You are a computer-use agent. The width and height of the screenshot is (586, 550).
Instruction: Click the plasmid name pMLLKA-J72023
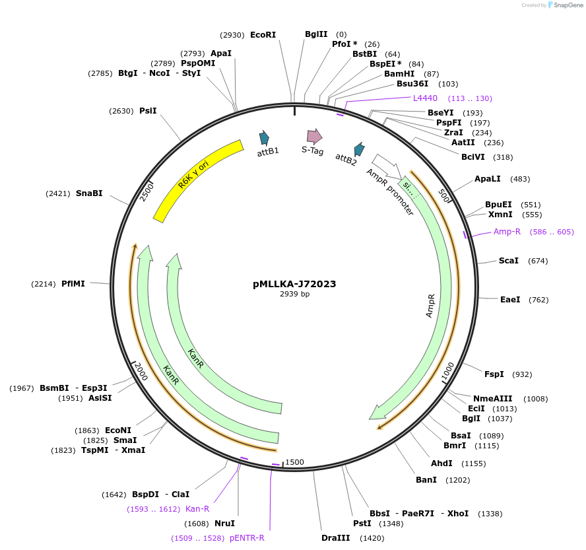[x=294, y=284]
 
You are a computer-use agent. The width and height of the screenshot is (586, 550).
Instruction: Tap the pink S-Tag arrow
[x=315, y=137]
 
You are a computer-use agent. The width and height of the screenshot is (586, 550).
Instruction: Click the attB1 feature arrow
[x=265, y=138]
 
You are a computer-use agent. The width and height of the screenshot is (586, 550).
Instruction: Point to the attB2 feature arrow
[x=359, y=149]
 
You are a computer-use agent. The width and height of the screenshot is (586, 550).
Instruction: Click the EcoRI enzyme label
[x=263, y=35]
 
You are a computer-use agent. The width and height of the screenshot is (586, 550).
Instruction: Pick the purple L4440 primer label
[x=425, y=98]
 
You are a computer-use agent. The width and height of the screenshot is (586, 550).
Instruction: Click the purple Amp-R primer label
[x=507, y=232]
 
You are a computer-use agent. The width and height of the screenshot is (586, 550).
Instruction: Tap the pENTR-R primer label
[x=247, y=538]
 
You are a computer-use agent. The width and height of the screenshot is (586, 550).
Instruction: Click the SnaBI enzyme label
[x=89, y=193]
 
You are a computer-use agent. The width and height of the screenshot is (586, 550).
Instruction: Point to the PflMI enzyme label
[x=73, y=284]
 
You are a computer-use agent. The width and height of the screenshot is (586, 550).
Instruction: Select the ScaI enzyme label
[x=509, y=261]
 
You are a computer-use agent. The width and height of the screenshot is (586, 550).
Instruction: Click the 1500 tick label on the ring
[x=295, y=462]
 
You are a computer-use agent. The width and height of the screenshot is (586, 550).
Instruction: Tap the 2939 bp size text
[x=294, y=294]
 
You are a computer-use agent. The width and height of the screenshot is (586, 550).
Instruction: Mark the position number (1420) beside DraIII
[x=372, y=538]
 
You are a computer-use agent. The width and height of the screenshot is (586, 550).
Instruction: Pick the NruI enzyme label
[x=224, y=524]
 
